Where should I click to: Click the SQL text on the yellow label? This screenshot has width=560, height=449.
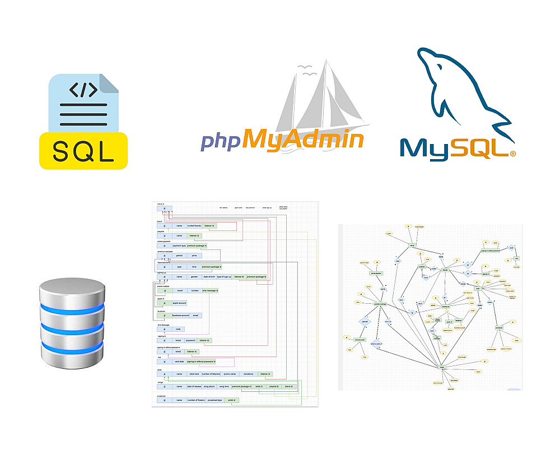click(83, 150)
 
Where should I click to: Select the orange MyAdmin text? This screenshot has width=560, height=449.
click(303, 138)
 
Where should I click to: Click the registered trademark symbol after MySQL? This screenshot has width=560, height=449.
click(512, 152)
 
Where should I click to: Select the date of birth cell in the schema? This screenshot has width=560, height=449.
click(208, 276)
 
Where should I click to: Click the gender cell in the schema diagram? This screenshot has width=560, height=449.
click(194, 276)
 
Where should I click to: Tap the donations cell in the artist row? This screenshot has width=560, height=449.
click(248, 374)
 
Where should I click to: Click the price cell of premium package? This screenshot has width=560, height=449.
click(194, 255)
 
